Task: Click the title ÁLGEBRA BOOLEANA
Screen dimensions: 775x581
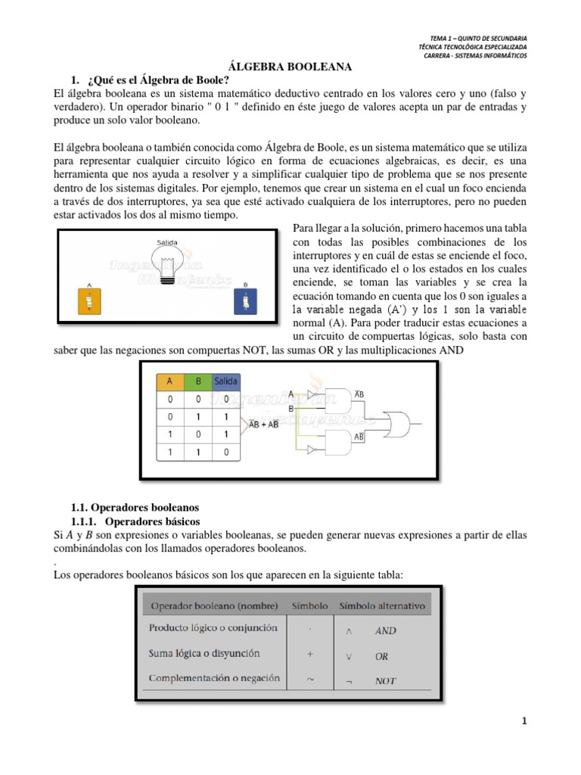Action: (290, 68)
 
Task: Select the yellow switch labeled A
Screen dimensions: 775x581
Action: (90, 303)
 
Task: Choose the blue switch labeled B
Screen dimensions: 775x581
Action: (247, 303)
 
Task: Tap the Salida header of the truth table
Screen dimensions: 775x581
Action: (225, 381)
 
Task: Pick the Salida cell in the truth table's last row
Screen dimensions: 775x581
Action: (225, 451)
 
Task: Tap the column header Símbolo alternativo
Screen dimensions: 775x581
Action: (382, 606)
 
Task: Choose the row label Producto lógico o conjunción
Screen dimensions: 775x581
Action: (213, 628)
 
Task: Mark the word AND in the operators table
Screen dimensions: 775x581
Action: (385, 630)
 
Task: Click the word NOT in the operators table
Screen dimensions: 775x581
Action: (385, 680)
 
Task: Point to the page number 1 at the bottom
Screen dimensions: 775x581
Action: (523, 721)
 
